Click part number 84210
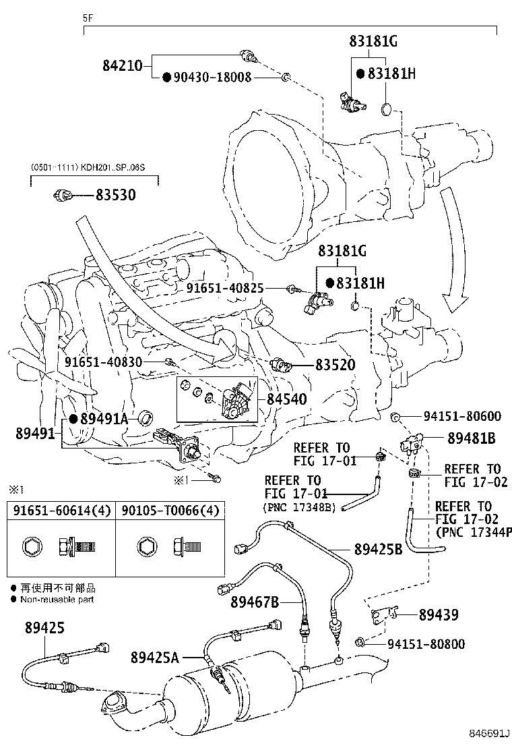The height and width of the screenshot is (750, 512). pyautogui.click(x=122, y=65)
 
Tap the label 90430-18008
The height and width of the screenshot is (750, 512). pyautogui.click(x=213, y=78)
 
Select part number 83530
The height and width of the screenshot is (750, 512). pyautogui.click(x=115, y=196)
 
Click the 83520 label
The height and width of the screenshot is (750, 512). pyautogui.click(x=335, y=365)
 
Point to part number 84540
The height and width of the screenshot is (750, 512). pyautogui.click(x=286, y=399)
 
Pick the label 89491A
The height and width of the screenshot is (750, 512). pyautogui.click(x=103, y=419)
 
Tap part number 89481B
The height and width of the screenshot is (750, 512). pyautogui.click(x=472, y=438)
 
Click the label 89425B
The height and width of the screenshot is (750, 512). pyautogui.click(x=378, y=549)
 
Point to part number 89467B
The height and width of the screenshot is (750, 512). pyautogui.click(x=254, y=602)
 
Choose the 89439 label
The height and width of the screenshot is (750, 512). pyautogui.click(x=439, y=614)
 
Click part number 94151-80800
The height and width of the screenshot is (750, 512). pyautogui.click(x=426, y=644)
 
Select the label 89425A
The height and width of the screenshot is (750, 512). pyautogui.click(x=155, y=656)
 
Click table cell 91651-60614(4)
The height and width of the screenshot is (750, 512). pyautogui.click(x=61, y=511)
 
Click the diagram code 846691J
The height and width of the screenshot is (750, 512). pyautogui.click(x=489, y=732)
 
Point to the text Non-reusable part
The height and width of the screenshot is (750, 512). pyautogui.click(x=57, y=599)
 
